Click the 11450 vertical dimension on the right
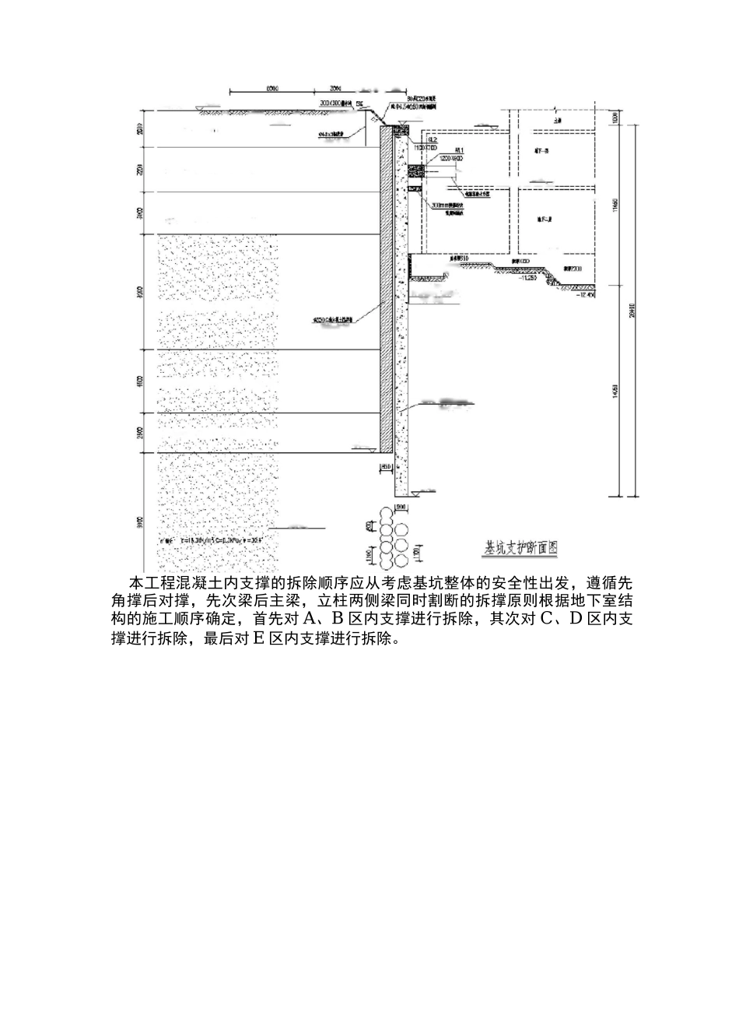click(x=615, y=209)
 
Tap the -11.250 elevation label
click(x=531, y=276)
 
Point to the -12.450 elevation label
click(x=585, y=295)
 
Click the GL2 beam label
click(x=433, y=140)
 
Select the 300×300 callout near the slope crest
click(x=338, y=102)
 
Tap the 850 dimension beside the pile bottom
click(x=387, y=467)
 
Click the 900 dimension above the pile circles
click(x=401, y=508)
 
